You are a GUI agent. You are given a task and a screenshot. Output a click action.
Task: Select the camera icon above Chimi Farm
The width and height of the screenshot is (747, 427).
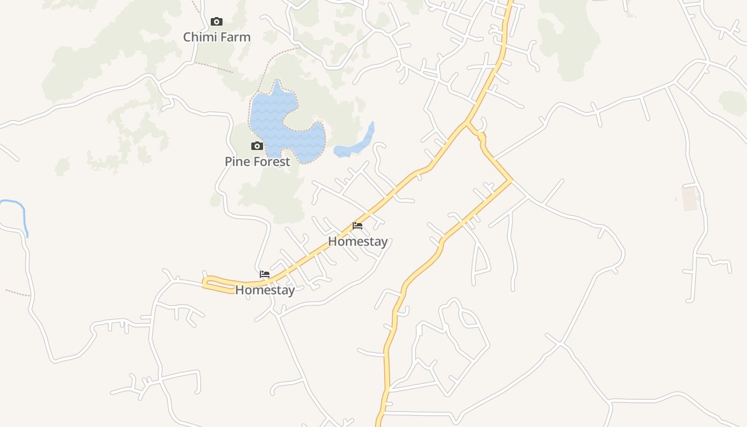216,22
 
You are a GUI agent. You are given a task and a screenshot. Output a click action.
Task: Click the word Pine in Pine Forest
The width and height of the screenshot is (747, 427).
237,162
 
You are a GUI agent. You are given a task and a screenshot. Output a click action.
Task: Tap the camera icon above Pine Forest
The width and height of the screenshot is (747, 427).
257,146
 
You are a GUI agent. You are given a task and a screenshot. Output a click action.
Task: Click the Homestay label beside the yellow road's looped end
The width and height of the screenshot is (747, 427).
265,290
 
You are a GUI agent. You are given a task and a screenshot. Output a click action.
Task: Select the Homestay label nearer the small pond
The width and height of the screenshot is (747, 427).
357,242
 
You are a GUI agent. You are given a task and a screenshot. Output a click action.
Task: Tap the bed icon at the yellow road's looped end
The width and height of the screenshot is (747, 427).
265,274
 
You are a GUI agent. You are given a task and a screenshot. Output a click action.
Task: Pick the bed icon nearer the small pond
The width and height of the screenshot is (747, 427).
357,226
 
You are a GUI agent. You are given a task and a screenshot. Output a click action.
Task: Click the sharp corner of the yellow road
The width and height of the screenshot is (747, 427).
511,180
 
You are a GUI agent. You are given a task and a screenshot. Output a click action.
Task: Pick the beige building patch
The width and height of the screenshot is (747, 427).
690,198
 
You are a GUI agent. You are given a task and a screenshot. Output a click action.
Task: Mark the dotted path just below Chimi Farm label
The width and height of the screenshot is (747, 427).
213,67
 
